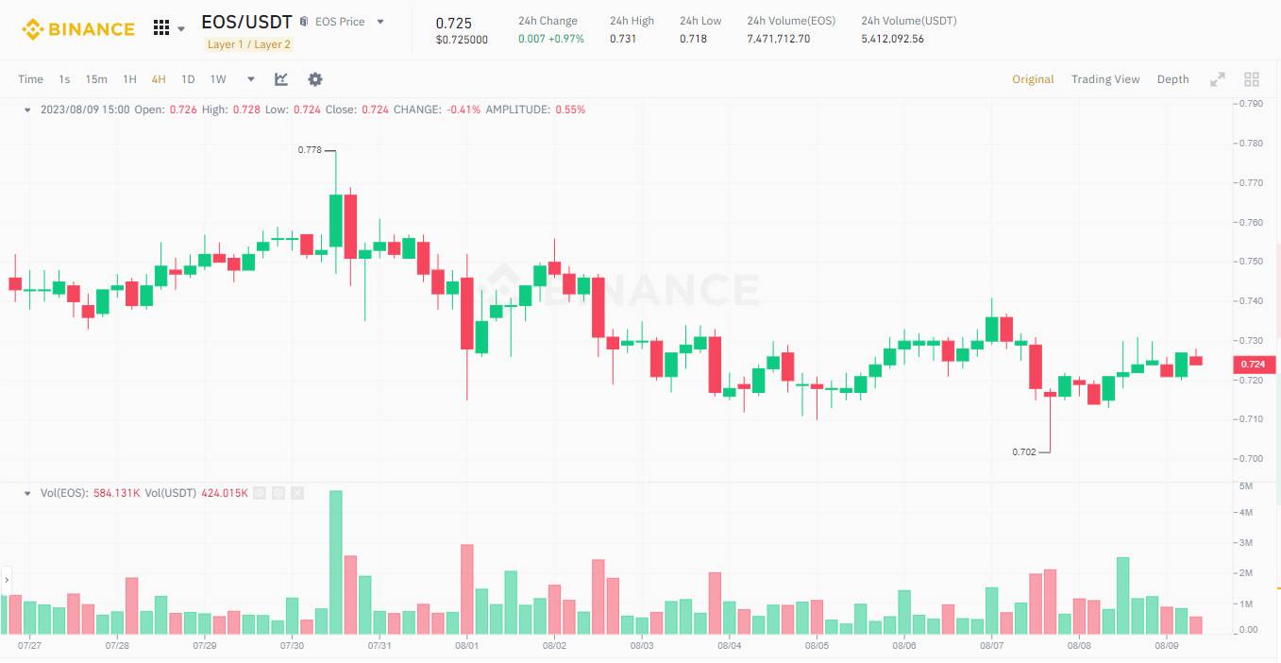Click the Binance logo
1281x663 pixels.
click(x=78, y=29)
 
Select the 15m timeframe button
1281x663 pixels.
click(x=96, y=79)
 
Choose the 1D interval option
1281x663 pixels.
click(x=188, y=79)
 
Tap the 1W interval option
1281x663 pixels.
click(x=218, y=79)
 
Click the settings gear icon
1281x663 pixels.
click(x=315, y=79)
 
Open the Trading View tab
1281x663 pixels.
click(x=1105, y=79)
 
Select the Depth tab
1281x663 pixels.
click(x=1172, y=79)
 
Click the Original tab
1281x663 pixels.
click(x=1033, y=79)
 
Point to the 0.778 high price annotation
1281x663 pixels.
click(x=310, y=150)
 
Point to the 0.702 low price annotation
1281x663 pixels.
click(x=1024, y=452)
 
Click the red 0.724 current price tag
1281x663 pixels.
click(x=1253, y=365)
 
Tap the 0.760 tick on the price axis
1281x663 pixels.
click(x=1252, y=223)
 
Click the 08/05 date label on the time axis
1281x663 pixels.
click(x=817, y=646)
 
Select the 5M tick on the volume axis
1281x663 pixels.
click(x=1246, y=486)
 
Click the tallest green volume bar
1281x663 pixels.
click(x=335, y=562)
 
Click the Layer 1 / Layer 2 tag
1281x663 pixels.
click(x=249, y=44)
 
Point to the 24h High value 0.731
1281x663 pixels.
click(x=622, y=39)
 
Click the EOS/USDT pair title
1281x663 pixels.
click(x=246, y=22)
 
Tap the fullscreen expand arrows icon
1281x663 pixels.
click(x=1218, y=79)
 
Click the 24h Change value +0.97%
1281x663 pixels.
click(x=565, y=39)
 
